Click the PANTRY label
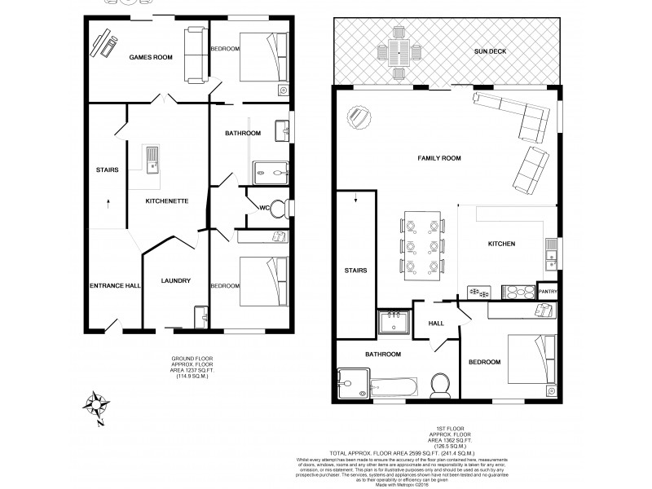pyautogui.click(x=547, y=289)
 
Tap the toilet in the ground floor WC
pyautogui.click(x=277, y=209)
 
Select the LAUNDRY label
pyautogui.click(x=175, y=280)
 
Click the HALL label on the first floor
pyautogui.click(x=436, y=324)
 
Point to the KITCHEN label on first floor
pyautogui.click(x=501, y=244)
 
